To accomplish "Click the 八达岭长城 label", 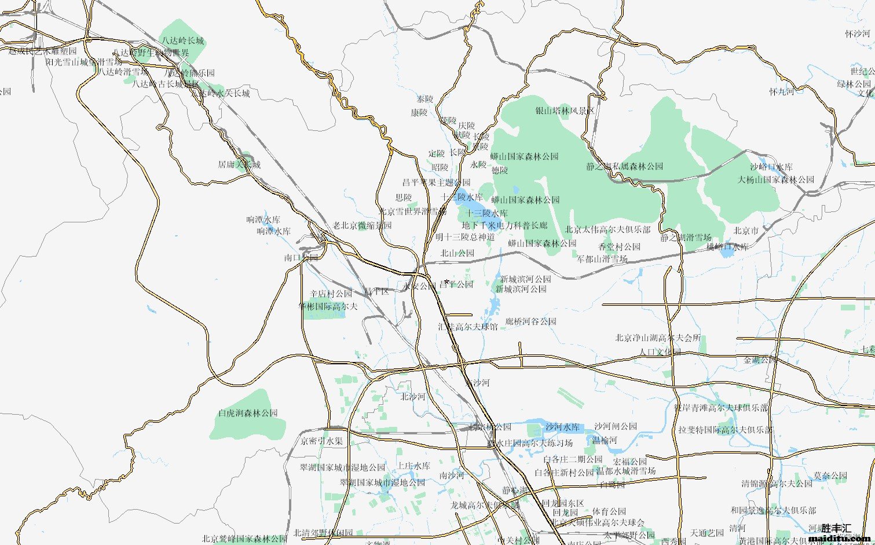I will pos(183,41).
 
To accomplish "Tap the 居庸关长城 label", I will pos(239,164).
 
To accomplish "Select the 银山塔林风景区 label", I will pos(565,111).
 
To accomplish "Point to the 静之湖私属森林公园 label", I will pos(624,166).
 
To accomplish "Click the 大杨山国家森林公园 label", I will pos(775,180).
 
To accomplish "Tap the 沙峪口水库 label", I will pos(771,167).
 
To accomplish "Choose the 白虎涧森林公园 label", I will pos(248,414).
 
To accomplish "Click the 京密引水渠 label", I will pos(321,441).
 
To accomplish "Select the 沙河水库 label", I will pos(562,427).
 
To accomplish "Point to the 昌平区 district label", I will pos(376,291).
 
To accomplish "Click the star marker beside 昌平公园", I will pos(446,282).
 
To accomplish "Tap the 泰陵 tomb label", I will pos(425,99).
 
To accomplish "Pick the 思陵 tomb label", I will pos(404,197).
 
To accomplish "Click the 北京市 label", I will pos(746,231).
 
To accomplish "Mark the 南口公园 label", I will pos(301,258).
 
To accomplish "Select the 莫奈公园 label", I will pos(830,476).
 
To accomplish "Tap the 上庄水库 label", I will pos(413,466).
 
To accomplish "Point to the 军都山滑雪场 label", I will pos(602,259).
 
